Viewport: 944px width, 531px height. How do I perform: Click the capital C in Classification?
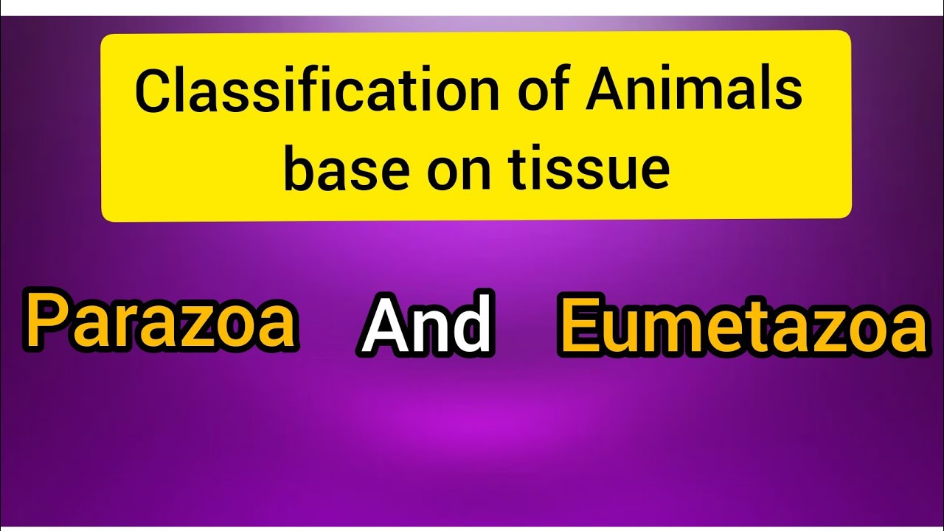coord(153,91)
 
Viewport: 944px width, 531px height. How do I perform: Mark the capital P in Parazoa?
coord(46,322)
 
